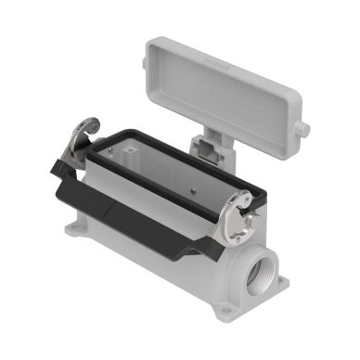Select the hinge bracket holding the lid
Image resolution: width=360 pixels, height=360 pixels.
point(206,146)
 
